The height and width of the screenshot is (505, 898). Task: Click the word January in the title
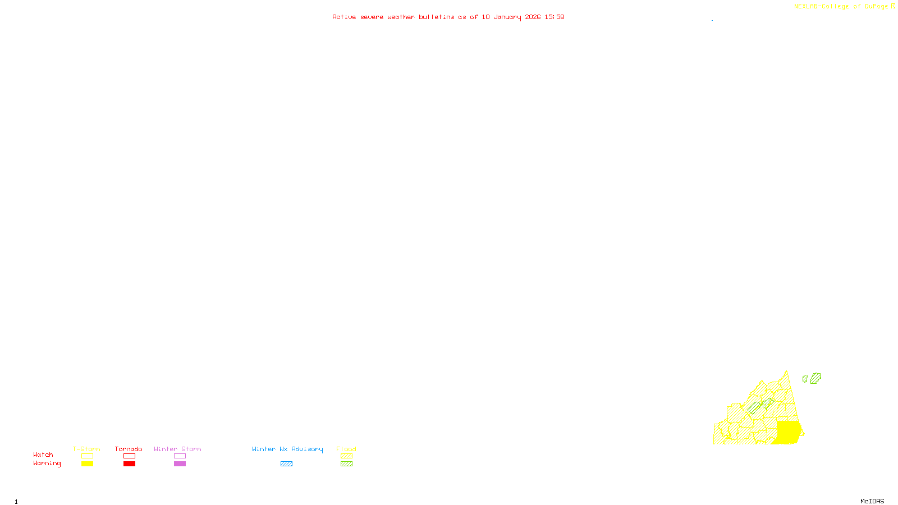click(x=507, y=17)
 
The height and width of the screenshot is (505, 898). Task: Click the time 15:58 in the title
click(x=554, y=17)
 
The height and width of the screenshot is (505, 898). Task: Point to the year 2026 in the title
click(x=533, y=17)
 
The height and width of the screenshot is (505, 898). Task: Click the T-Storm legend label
click(x=86, y=449)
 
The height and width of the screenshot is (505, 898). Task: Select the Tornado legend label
click(x=129, y=449)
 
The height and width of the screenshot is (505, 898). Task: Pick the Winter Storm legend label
click(x=177, y=449)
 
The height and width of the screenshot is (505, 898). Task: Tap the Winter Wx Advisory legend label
click(x=287, y=449)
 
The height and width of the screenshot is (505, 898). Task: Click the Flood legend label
click(x=346, y=449)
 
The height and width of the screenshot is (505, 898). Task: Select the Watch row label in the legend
click(x=43, y=454)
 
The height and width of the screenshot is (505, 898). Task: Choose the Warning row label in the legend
click(x=47, y=463)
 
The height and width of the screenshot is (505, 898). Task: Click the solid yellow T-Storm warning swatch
click(x=87, y=464)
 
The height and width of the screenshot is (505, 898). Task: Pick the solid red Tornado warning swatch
click(x=130, y=464)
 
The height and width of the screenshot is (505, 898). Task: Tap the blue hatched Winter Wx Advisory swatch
click(x=286, y=464)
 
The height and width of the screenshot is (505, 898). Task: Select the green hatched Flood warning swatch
click(x=346, y=464)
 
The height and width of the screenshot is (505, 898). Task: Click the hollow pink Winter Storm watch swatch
click(x=180, y=456)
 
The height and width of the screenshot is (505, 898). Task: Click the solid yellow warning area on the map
click(x=788, y=432)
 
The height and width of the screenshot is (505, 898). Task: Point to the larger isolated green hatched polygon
click(x=815, y=378)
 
